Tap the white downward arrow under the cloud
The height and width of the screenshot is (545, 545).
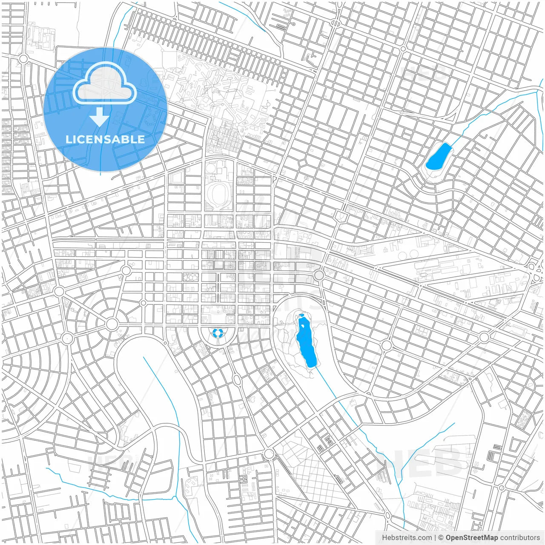(100, 117)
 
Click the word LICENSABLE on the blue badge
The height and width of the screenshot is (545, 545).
(105, 139)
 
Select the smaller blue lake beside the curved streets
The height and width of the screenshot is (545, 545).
(438, 157)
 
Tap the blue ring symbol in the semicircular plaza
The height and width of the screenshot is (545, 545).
(218, 332)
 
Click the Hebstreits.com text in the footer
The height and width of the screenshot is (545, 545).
(406, 538)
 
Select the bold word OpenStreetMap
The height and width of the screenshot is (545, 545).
(471, 538)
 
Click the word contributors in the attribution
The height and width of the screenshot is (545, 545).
(520, 538)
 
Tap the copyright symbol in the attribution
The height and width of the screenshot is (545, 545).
(441, 538)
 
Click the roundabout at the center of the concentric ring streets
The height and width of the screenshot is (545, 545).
(112, 324)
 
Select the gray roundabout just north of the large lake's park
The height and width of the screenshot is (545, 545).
(319, 275)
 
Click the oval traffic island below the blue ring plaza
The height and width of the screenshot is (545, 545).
(237, 379)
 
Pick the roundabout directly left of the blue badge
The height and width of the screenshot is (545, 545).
(23, 59)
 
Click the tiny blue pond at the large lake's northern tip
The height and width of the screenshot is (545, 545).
(301, 316)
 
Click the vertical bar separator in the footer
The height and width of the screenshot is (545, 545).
(435, 538)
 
